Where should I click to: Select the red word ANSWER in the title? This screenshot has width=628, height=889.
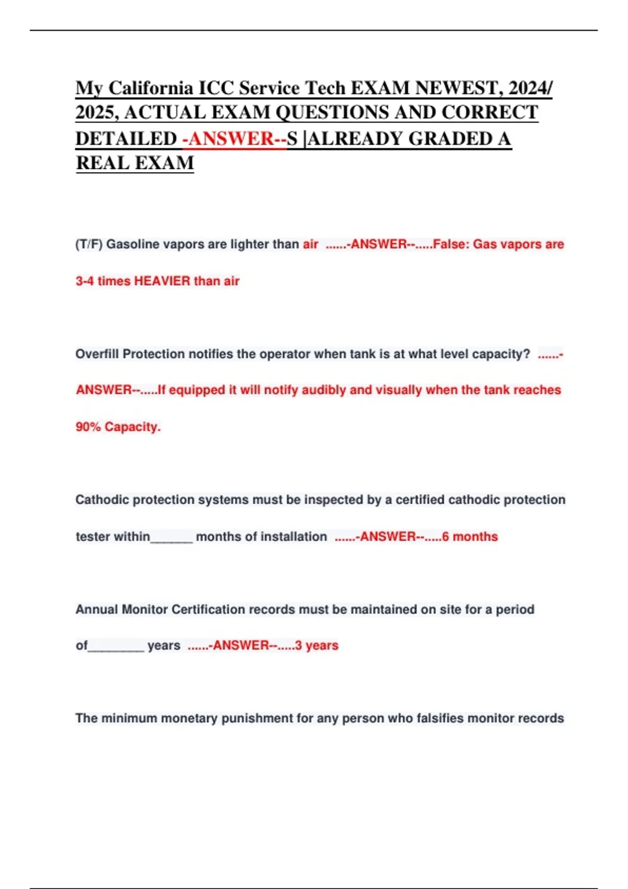231,139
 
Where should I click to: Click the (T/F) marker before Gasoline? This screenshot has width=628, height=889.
89,244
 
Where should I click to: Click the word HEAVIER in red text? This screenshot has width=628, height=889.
162,281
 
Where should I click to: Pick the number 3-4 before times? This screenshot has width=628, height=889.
85,281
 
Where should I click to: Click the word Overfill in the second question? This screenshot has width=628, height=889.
97,354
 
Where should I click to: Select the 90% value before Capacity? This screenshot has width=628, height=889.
88,427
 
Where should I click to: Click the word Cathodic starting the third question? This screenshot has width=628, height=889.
103,500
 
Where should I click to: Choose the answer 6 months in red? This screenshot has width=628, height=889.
470,537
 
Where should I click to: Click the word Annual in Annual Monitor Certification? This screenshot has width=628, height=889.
97,610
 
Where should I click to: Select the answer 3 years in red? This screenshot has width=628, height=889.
317,646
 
